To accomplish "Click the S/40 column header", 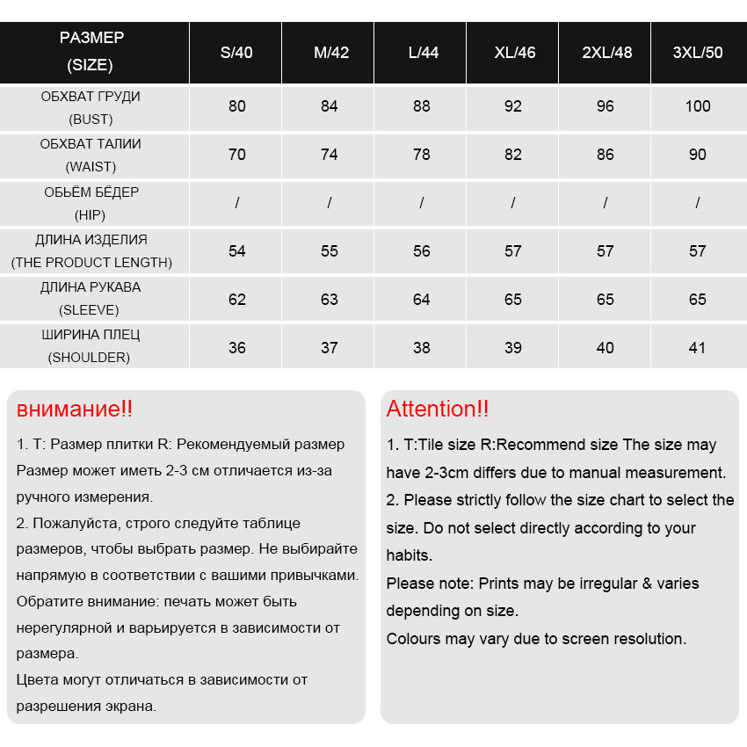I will [x=236, y=53].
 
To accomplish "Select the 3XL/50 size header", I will [x=698, y=53].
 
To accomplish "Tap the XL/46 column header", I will [x=514, y=53].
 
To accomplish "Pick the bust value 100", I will [x=698, y=106].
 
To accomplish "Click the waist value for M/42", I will [x=330, y=155].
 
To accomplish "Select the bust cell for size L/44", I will [x=422, y=106].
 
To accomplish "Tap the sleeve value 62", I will [x=237, y=300].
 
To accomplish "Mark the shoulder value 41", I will [x=698, y=348].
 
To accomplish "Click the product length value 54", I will [x=237, y=251].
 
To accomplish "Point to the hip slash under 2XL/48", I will [x=606, y=203].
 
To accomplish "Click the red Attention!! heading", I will [x=438, y=409].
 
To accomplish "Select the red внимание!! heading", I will [x=75, y=410].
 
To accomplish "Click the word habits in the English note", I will [x=409, y=555].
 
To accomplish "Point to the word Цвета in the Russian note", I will [x=37, y=679].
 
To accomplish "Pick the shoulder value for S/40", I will [x=237, y=348].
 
